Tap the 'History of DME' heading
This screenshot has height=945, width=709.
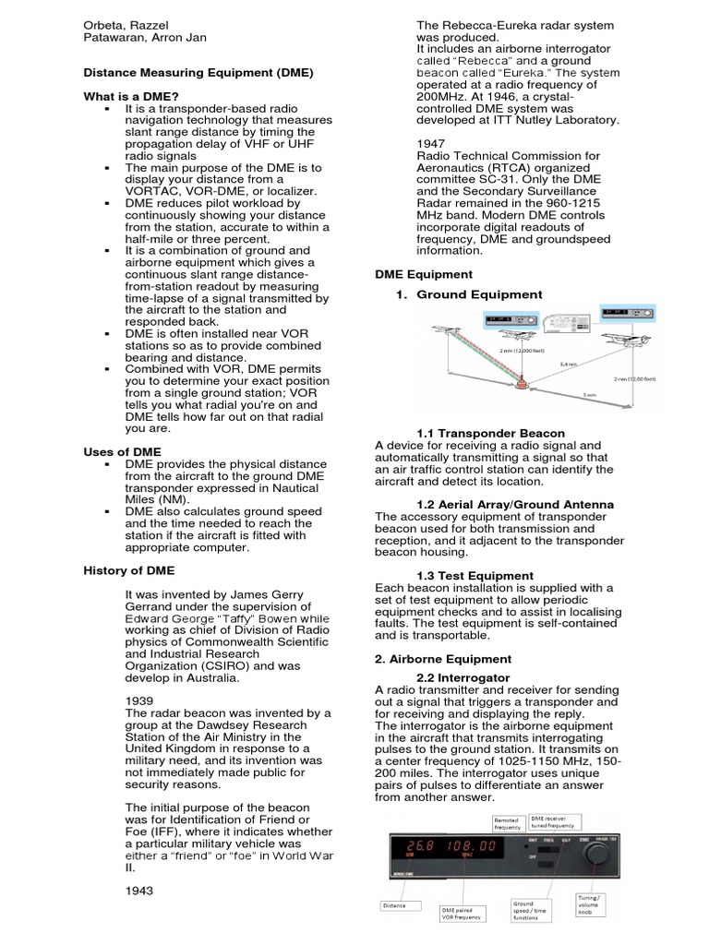click(x=128, y=571)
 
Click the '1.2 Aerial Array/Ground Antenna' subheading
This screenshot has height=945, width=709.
click(x=502, y=504)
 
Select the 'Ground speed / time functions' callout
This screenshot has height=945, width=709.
click(x=530, y=912)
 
